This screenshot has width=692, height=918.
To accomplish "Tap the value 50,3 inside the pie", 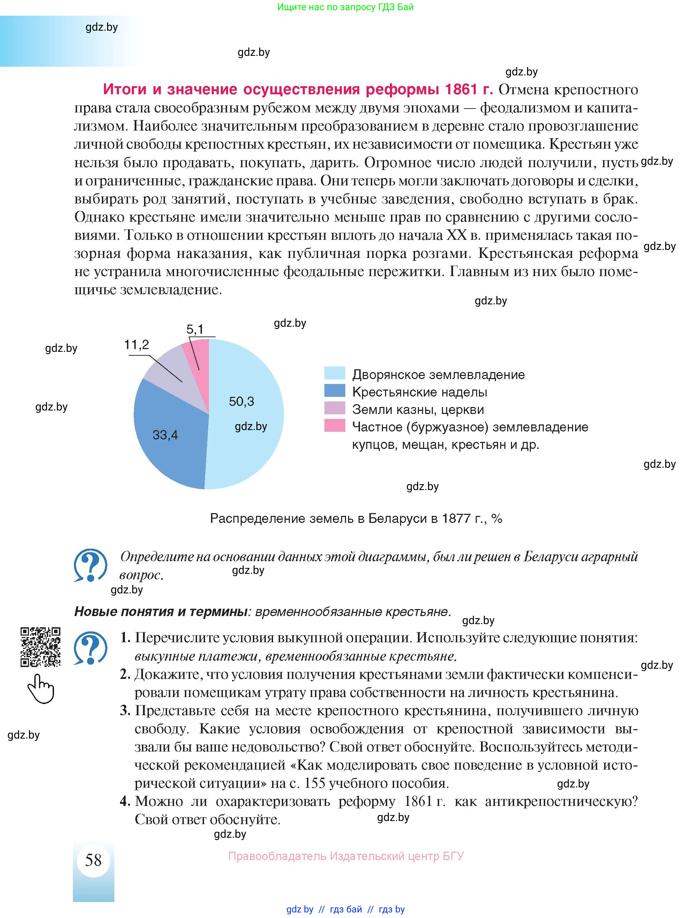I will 241,401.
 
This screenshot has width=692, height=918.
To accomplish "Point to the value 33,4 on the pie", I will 165,435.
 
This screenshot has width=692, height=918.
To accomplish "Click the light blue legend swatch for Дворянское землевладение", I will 334,373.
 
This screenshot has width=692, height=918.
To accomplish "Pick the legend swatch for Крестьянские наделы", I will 334,391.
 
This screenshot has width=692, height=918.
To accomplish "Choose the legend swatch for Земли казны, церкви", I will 334,408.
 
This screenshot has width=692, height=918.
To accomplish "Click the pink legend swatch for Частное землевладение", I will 334,425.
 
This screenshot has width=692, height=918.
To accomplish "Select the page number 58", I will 93,859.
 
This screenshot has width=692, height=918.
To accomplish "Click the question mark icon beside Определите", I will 90,565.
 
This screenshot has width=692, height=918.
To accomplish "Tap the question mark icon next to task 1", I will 90,648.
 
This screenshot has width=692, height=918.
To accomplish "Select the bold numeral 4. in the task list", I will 125,801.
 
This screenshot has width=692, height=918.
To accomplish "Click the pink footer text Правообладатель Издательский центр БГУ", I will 346,856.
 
